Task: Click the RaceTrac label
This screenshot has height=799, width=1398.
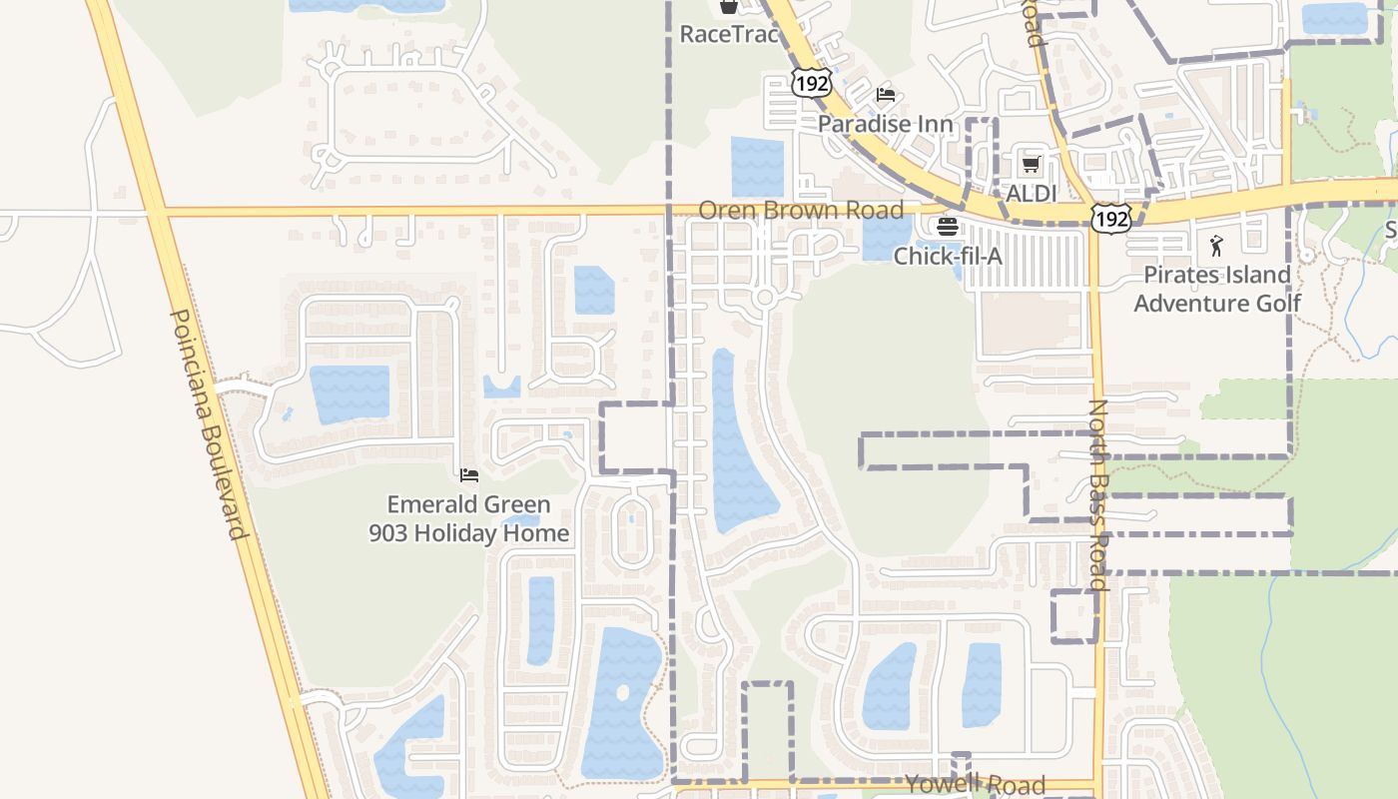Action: [728, 34]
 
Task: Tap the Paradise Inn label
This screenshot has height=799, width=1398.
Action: [886, 125]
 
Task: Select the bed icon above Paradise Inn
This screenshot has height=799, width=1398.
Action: [886, 95]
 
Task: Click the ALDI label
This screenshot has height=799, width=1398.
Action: [1031, 194]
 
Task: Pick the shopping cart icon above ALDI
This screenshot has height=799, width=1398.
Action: [1031, 164]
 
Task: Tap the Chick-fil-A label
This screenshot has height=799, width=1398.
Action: [947, 257]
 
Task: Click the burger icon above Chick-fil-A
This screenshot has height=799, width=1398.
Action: [947, 227]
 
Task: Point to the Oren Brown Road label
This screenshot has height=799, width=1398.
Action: [801, 211]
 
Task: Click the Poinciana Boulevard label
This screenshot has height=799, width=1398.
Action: [209, 424]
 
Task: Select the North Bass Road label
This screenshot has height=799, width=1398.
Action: [1098, 494]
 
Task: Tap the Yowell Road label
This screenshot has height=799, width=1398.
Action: [975, 785]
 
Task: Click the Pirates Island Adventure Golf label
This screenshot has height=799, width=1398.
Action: [1217, 289]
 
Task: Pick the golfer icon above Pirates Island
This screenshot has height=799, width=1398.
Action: [1216, 245]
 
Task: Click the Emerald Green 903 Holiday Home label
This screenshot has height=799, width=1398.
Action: [468, 519]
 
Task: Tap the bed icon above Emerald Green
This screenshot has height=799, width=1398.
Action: [468, 475]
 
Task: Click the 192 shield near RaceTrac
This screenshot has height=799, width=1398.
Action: [812, 83]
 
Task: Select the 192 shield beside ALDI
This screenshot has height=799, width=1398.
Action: [1110, 218]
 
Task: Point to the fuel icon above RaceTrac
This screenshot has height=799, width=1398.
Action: [728, 6]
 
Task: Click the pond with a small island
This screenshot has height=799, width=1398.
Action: [623, 699]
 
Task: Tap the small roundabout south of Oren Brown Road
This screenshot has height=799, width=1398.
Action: [766, 298]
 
